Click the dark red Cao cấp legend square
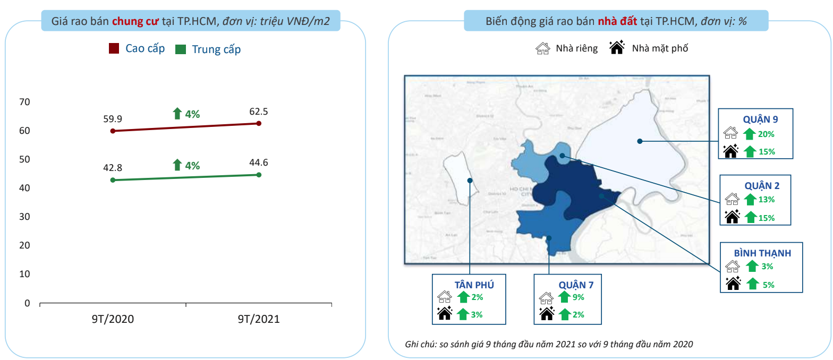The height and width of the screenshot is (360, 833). click(114, 49)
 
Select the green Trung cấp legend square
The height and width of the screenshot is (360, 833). click(181, 49)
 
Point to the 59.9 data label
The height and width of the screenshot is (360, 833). click(113, 118)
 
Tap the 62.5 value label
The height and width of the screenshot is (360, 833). click(259, 112)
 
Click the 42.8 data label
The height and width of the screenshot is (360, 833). click(113, 168)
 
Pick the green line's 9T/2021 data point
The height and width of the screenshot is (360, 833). click(259, 175)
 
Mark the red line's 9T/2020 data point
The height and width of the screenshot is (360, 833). click(113, 131)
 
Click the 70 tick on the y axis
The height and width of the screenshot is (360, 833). click(24, 102)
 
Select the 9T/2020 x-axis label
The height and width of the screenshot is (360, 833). click(113, 319)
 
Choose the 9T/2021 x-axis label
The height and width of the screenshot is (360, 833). click(259, 319)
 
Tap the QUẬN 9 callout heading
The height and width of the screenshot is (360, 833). click(760, 119)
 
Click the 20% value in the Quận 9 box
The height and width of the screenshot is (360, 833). click(766, 134)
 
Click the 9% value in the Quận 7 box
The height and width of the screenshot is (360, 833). click(579, 297)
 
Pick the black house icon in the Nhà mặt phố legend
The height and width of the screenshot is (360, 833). click(617, 48)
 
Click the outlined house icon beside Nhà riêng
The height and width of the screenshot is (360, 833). click(542, 48)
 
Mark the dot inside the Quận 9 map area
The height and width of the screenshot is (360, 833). click(640, 141)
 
